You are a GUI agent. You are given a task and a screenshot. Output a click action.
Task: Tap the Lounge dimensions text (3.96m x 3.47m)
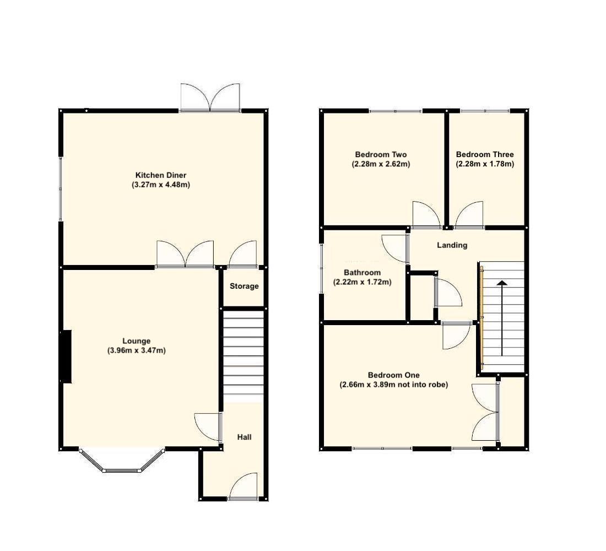[x=137, y=350]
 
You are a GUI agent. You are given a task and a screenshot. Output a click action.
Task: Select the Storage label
[x=244, y=287]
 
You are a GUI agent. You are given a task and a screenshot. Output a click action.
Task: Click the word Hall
[x=244, y=437]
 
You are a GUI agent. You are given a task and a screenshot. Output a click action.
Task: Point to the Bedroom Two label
[x=381, y=154]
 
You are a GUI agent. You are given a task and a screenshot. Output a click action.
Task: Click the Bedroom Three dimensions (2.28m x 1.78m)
[x=485, y=164]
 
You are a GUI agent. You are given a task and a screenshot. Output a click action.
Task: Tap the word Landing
[x=452, y=245]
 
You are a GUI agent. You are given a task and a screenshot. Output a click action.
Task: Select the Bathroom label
[x=362, y=273]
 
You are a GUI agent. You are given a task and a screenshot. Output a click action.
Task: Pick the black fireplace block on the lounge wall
[x=66, y=356]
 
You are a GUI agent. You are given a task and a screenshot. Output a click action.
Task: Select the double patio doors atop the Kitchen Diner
[x=210, y=98]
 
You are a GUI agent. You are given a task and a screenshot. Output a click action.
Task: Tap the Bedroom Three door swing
[x=470, y=215]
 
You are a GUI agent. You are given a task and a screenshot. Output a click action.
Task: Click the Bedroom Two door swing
[x=426, y=215]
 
